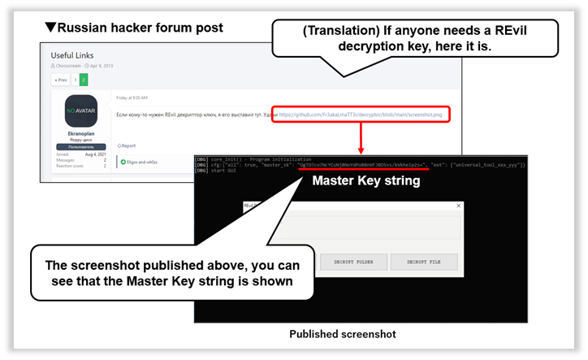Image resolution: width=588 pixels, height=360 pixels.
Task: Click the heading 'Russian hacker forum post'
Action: (x=134, y=28)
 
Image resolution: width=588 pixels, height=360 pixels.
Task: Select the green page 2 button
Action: (x=84, y=80)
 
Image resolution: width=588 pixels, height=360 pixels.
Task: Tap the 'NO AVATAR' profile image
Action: (x=80, y=110)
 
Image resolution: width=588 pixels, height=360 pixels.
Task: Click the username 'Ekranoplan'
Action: (x=80, y=132)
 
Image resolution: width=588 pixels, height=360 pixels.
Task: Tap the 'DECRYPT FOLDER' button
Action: (x=350, y=262)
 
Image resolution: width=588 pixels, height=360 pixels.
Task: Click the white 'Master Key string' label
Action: (x=366, y=180)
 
